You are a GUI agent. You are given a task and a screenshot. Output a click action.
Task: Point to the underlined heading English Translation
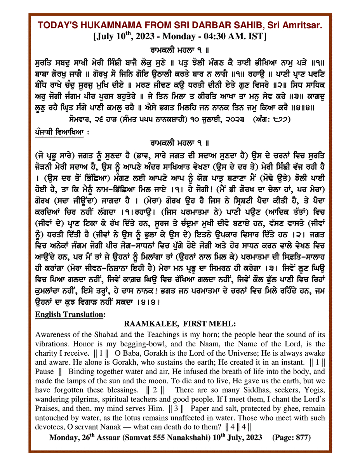[x=69, y=315]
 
